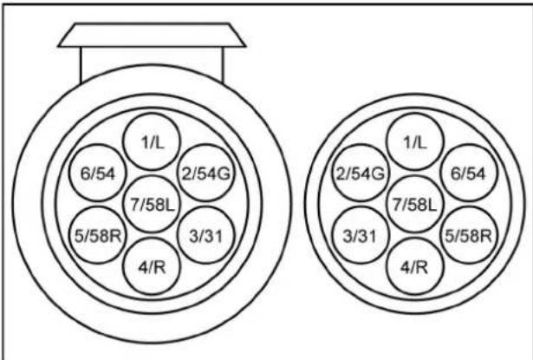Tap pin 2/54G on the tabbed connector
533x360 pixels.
point(205,173)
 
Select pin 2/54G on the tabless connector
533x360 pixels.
point(360,173)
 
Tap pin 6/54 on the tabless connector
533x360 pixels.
point(470,173)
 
